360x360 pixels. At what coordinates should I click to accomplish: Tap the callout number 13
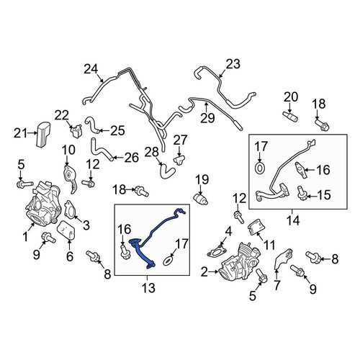(x=148, y=287)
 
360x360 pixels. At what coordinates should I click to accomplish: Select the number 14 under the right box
(x=293, y=220)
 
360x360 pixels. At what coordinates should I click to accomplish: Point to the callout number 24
(x=91, y=69)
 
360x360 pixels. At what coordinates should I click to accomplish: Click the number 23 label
(x=233, y=64)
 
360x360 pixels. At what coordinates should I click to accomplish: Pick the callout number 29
(x=207, y=117)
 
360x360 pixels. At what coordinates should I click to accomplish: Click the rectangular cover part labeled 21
(x=43, y=135)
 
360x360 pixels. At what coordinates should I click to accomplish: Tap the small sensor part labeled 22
(x=77, y=131)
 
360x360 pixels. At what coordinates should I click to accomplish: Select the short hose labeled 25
(x=93, y=125)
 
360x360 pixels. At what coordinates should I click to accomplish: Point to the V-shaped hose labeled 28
(x=166, y=172)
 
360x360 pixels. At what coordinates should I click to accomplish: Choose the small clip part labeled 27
(x=179, y=159)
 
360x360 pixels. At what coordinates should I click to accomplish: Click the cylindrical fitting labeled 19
(x=201, y=199)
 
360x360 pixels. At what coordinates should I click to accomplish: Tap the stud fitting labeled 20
(x=290, y=117)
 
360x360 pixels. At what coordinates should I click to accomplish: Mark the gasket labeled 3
(x=70, y=210)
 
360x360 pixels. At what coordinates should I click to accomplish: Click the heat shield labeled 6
(x=66, y=230)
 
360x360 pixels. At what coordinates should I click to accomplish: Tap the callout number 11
(x=269, y=246)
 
